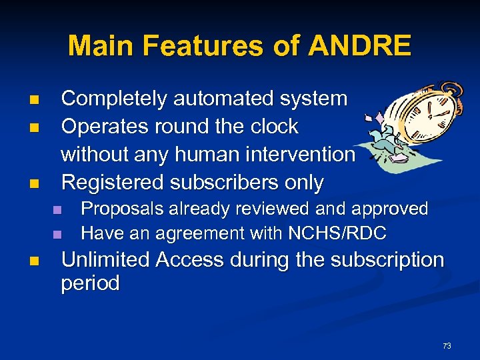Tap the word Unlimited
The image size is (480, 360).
coord(105,260)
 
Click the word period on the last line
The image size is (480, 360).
coord(90,284)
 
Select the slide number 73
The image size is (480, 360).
coord(447,346)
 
